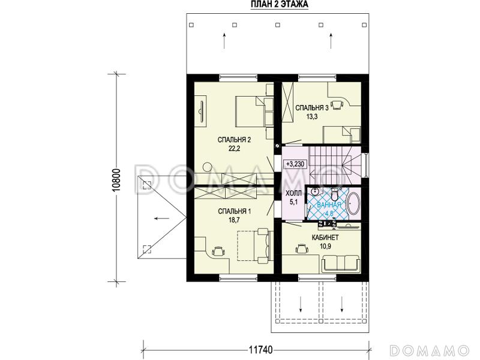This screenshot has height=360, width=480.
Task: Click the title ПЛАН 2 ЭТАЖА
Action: pyautogui.click(x=280, y=4)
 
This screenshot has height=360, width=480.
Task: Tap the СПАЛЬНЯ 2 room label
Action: pyautogui.click(x=234, y=140)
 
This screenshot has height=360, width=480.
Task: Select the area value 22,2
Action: pyautogui.click(x=234, y=149)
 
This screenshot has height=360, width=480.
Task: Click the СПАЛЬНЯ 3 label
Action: pyautogui.click(x=311, y=108)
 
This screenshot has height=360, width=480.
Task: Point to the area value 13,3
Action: pyautogui.click(x=311, y=116)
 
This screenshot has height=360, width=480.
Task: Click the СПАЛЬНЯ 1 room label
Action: pyautogui.click(x=235, y=211)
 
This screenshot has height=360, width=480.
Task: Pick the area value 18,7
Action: pyautogui.click(x=234, y=220)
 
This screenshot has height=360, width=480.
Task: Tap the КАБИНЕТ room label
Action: pyautogui.click(x=325, y=238)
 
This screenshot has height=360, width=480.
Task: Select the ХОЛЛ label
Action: pyautogui.click(x=293, y=193)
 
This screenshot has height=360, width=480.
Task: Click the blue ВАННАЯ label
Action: pyautogui.click(x=329, y=205)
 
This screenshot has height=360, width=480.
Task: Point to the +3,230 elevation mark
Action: pyautogui.click(x=295, y=164)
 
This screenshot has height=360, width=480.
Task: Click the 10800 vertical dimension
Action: pyautogui.click(x=116, y=181)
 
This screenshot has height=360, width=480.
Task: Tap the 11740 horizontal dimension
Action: pyautogui.click(x=260, y=350)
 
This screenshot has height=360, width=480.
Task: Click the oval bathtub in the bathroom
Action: pyautogui.click(x=354, y=203)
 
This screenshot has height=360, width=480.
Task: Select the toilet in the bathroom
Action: pyautogui.click(x=334, y=193)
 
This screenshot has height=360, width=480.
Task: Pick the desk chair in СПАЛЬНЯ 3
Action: pyautogui.click(x=337, y=104)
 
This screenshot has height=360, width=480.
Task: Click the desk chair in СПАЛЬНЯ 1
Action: pyautogui.click(x=218, y=251)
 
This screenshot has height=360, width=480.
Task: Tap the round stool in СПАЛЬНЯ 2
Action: pyautogui.click(x=208, y=167)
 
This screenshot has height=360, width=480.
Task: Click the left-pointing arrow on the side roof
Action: pyautogui.click(x=161, y=218)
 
